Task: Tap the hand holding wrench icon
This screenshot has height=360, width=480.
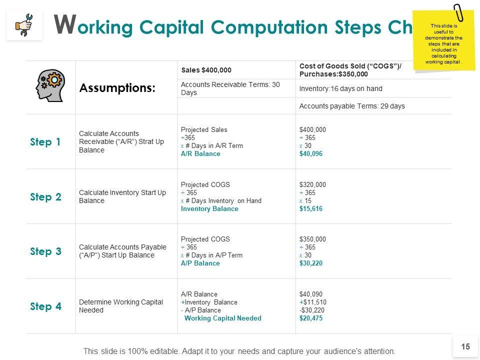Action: click(x=24, y=24)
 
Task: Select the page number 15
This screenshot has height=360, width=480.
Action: click(x=465, y=346)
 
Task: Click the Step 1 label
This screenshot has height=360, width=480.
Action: click(x=45, y=142)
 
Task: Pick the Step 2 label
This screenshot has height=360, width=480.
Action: click(x=45, y=197)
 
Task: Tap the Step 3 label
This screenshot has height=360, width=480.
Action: click(x=45, y=251)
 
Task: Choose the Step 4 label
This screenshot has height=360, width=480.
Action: click(x=45, y=306)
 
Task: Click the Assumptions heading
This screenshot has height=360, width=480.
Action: click(x=117, y=88)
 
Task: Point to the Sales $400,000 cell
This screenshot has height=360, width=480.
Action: click(x=206, y=70)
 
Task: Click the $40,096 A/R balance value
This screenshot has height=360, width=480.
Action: click(x=310, y=154)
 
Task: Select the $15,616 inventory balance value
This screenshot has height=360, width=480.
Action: click(x=310, y=209)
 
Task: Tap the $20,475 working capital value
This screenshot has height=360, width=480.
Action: click(x=310, y=318)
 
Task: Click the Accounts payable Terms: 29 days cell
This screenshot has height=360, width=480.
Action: click(x=351, y=106)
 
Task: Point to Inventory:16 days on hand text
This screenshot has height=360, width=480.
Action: click(x=340, y=88)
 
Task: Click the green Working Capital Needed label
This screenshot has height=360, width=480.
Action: click(x=222, y=318)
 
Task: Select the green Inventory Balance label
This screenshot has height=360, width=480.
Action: click(x=209, y=209)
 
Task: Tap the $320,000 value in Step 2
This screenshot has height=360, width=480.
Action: click(x=312, y=184)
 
